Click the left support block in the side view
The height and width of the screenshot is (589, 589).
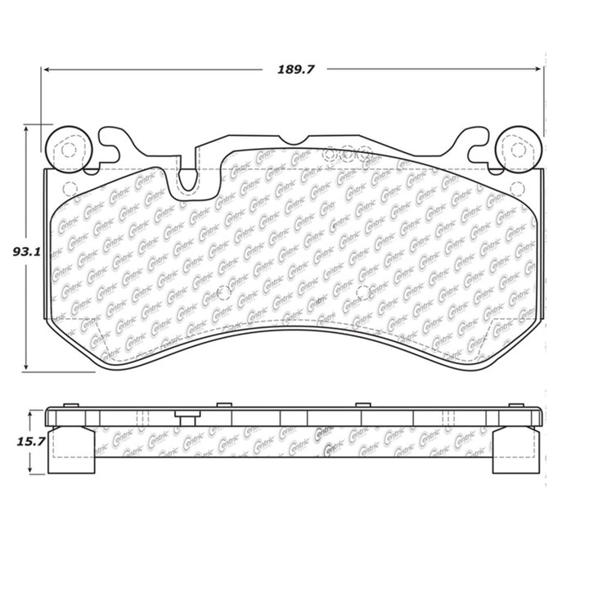tap(70, 452)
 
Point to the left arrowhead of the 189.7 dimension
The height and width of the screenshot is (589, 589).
tap(47, 69)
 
